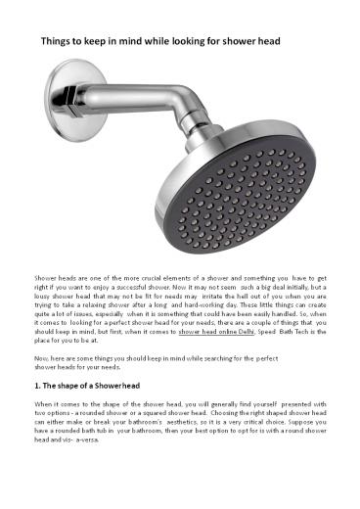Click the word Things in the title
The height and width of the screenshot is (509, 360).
coord(55,44)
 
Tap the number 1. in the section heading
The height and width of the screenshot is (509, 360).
coord(38,388)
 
